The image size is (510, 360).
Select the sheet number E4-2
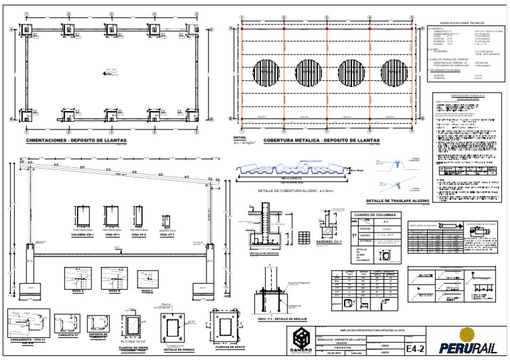pos(414,347)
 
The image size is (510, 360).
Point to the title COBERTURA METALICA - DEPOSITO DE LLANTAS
pos(321,141)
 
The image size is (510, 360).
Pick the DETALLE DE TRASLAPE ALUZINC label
pos(398,201)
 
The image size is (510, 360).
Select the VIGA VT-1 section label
pos(167,234)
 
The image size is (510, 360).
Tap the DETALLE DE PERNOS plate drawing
pos(175,329)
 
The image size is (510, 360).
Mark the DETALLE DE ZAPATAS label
pos(246,254)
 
